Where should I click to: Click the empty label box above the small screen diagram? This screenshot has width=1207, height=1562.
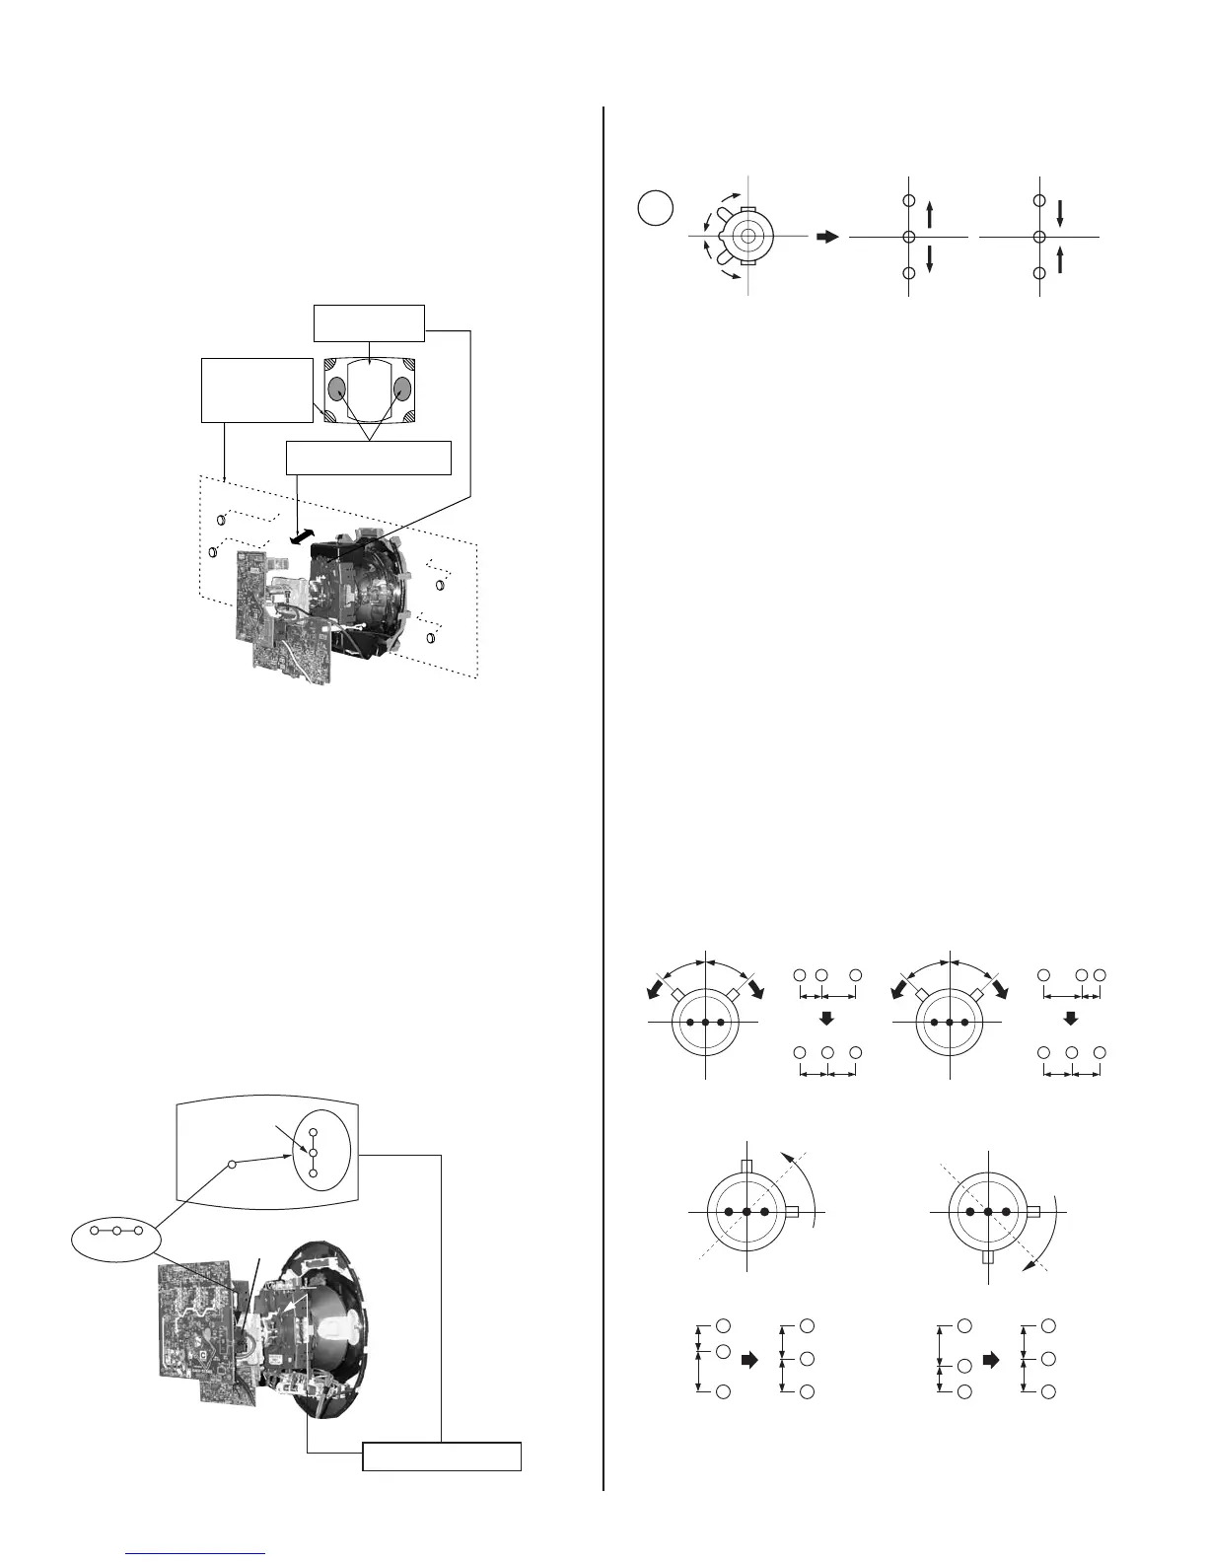pyautogui.click(x=369, y=322)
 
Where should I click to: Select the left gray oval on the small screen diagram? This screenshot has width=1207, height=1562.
pyautogui.click(x=337, y=389)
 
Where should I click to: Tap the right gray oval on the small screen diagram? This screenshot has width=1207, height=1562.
pyautogui.click(x=401, y=389)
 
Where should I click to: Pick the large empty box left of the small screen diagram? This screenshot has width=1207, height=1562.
pyautogui.click(x=256, y=390)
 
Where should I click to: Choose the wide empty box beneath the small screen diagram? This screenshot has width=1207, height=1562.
pyautogui.click(x=368, y=458)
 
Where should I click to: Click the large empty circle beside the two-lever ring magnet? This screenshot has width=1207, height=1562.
pyautogui.click(x=656, y=208)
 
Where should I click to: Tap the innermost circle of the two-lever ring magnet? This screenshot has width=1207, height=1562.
pyautogui.click(x=747, y=237)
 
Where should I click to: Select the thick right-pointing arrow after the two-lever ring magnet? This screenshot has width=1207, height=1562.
pyautogui.click(x=826, y=237)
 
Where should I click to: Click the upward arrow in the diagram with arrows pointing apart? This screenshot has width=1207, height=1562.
pyautogui.click(x=930, y=214)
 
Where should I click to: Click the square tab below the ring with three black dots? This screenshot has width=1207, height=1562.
pyautogui.click(x=989, y=1258)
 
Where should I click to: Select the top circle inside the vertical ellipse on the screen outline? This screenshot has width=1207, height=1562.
pyautogui.click(x=313, y=1132)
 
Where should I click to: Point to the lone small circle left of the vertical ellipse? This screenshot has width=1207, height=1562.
pyautogui.click(x=232, y=1165)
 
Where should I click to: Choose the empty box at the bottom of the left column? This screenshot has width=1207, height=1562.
pyautogui.click(x=442, y=1455)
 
